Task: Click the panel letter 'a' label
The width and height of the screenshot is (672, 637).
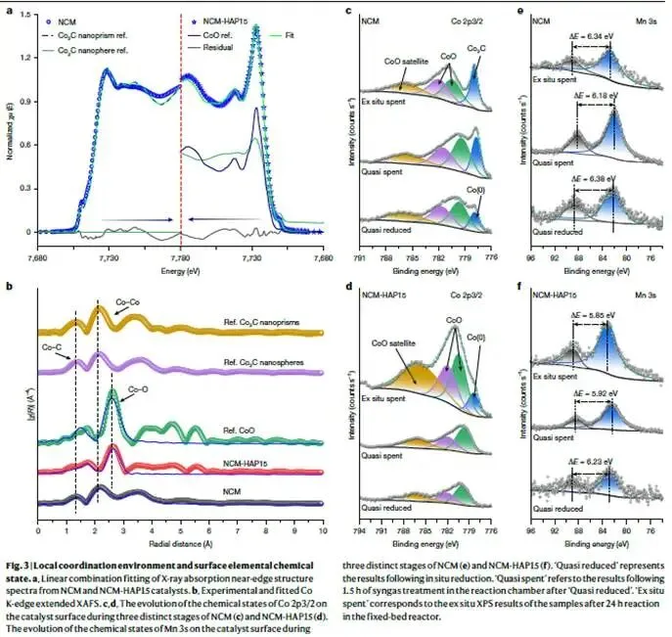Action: point(9,7)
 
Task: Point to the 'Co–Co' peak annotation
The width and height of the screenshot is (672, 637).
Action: point(128,303)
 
